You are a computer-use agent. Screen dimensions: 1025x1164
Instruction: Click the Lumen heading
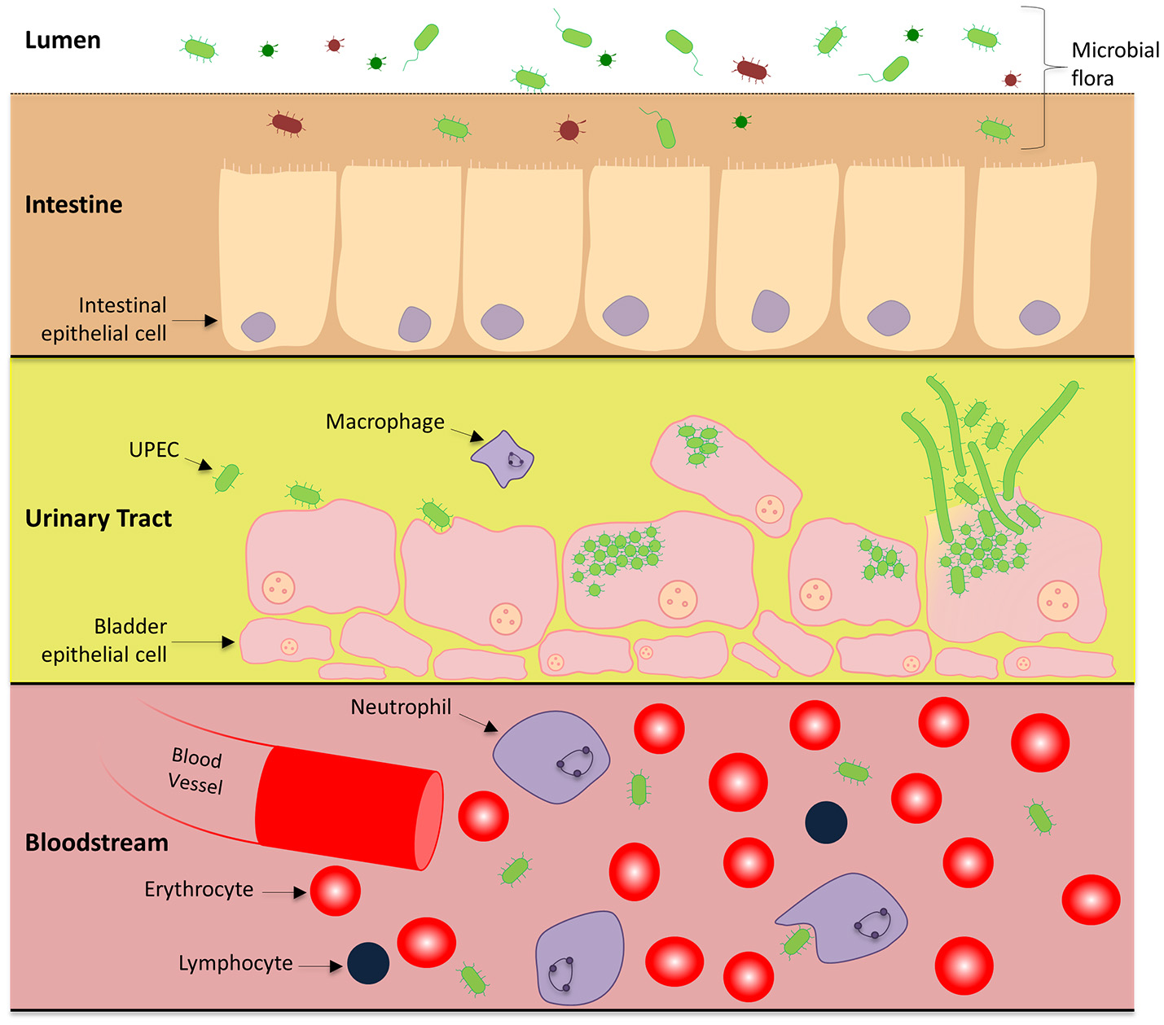coord(63,40)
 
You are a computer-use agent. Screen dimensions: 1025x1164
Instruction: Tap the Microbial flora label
coord(1114,64)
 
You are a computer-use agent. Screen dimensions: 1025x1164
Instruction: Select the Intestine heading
coord(73,204)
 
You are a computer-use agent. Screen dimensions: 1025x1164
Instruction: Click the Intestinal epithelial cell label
coord(104,319)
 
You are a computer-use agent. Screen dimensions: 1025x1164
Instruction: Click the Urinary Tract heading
coord(98,519)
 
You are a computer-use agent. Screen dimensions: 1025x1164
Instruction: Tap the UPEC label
coord(153,449)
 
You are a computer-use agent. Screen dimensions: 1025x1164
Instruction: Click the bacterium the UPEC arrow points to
coord(227,477)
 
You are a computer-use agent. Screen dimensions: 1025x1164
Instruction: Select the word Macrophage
coord(384,422)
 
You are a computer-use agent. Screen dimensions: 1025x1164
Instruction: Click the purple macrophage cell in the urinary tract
coord(503,459)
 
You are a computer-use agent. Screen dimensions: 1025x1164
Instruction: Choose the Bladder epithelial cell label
coord(104,640)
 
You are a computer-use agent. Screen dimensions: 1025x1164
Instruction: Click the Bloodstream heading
coord(96,842)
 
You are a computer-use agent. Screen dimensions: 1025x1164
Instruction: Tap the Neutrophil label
coord(400,707)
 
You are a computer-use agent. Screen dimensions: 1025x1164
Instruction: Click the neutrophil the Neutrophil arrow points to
coord(551,756)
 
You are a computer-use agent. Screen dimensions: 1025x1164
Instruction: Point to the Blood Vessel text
coord(195,770)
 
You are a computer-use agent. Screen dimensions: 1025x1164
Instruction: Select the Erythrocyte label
coord(198,889)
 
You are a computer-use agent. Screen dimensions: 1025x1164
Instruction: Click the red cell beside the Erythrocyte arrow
coord(335,891)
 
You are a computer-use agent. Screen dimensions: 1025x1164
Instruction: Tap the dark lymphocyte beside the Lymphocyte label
coord(368,963)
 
